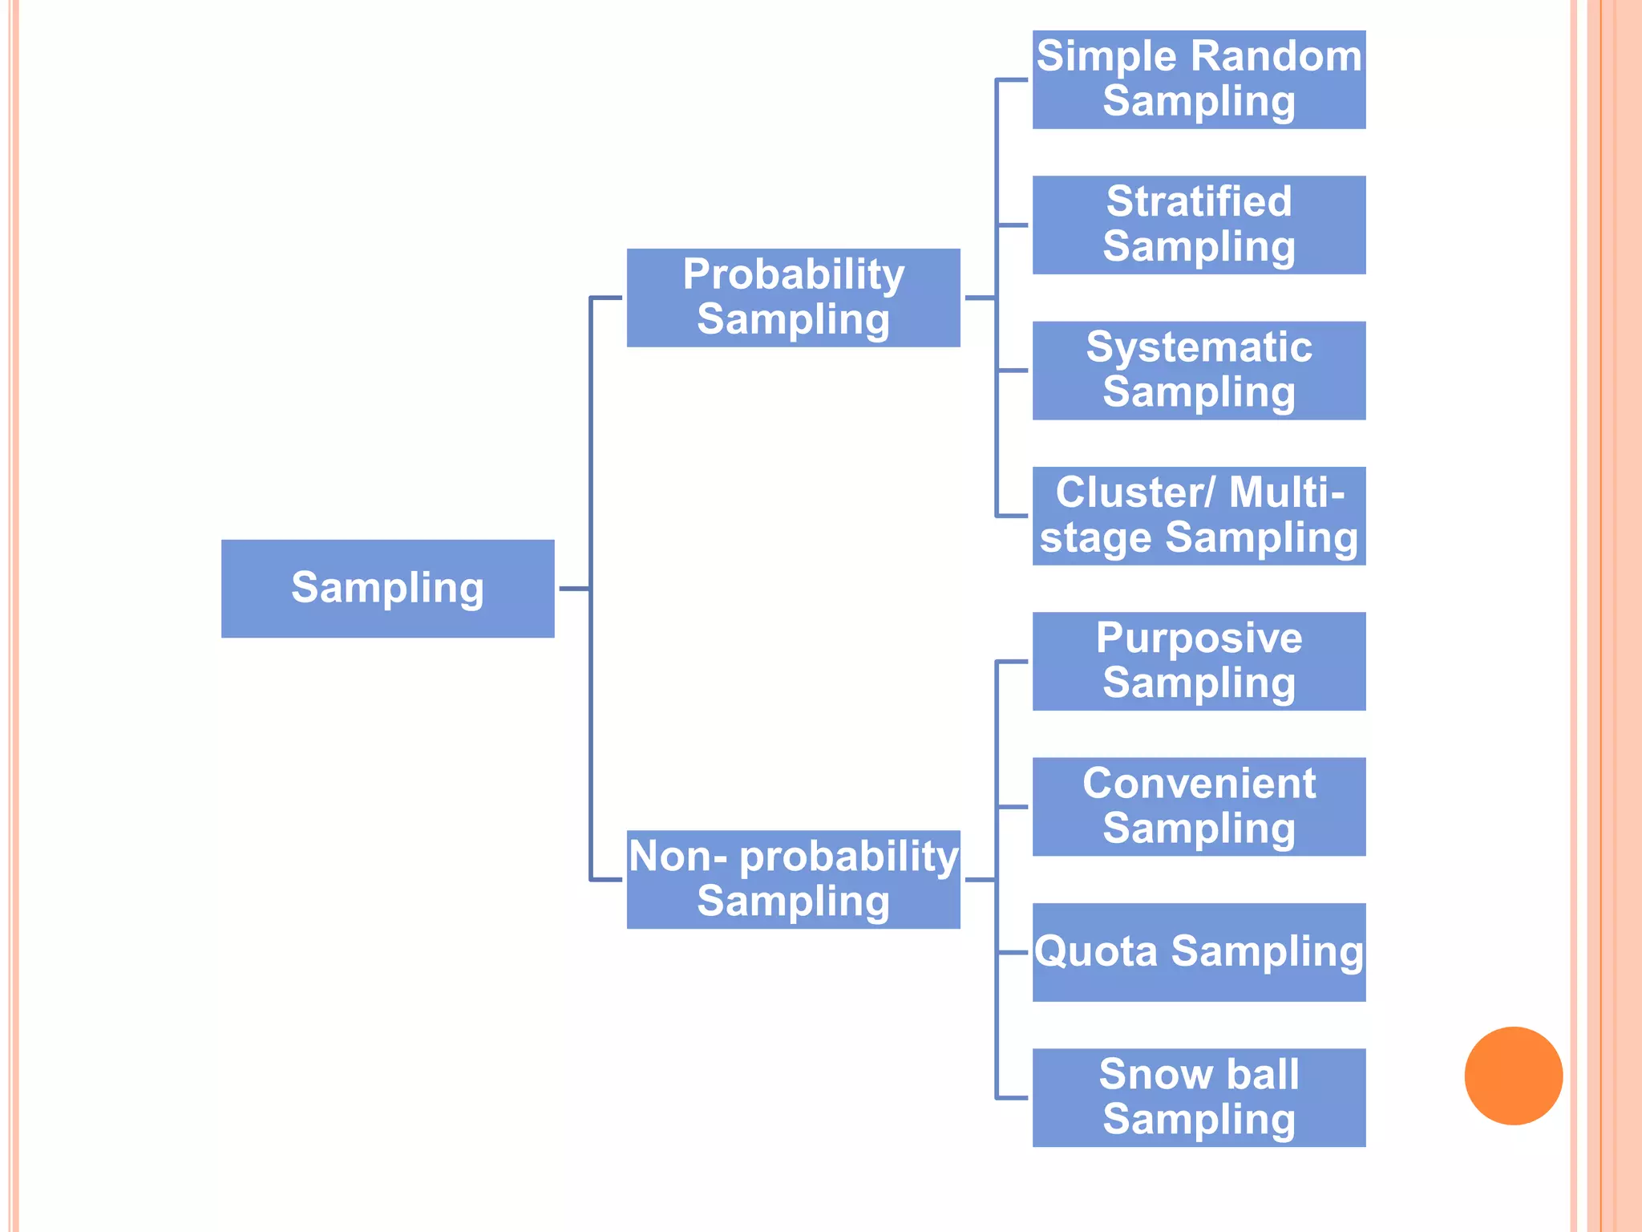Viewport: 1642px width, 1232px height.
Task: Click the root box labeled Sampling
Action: [x=387, y=589]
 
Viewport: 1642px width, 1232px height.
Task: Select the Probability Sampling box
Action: [x=793, y=298]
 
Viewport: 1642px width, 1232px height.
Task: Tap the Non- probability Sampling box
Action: [x=793, y=879]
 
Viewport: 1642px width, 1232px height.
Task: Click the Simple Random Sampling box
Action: [x=1199, y=79]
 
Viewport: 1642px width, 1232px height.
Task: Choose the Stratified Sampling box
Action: [x=1199, y=225]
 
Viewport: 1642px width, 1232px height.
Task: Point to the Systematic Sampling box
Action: [x=1199, y=371]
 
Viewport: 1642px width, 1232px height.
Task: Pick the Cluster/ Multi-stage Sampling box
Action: [x=1199, y=516]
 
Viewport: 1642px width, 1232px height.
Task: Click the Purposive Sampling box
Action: [x=1199, y=661]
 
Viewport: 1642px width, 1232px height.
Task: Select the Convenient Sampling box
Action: [x=1199, y=806]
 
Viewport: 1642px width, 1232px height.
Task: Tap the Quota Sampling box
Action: [x=1199, y=952]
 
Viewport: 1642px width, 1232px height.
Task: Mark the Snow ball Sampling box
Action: [x=1199, y=1097]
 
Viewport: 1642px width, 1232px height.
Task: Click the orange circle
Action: [x=1513, y=1076]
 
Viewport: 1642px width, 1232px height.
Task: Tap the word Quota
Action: [x=1096, y=952]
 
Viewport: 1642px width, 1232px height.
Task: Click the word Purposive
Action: [x=1199, y=638]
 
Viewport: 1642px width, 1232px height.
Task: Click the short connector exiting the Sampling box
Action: [x=574, y=589]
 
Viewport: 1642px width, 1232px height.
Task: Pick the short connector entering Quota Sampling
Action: [x=1013, y=953]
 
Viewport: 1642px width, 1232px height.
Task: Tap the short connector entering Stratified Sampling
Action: [x=1013, y=225]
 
